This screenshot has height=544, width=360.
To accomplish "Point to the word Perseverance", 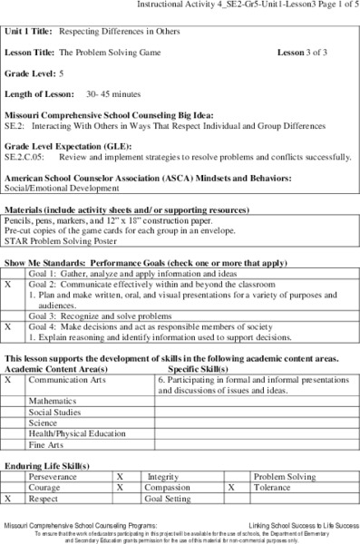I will pyautogui.click(x=53, y=475).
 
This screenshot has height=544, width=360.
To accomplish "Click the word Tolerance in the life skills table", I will pyautogui.click(x=273, y=487).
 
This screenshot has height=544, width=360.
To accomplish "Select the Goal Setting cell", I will pyautogui.click(x=168, y=499).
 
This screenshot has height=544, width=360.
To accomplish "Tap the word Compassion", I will pyautogui.click(x=171, y=487).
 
